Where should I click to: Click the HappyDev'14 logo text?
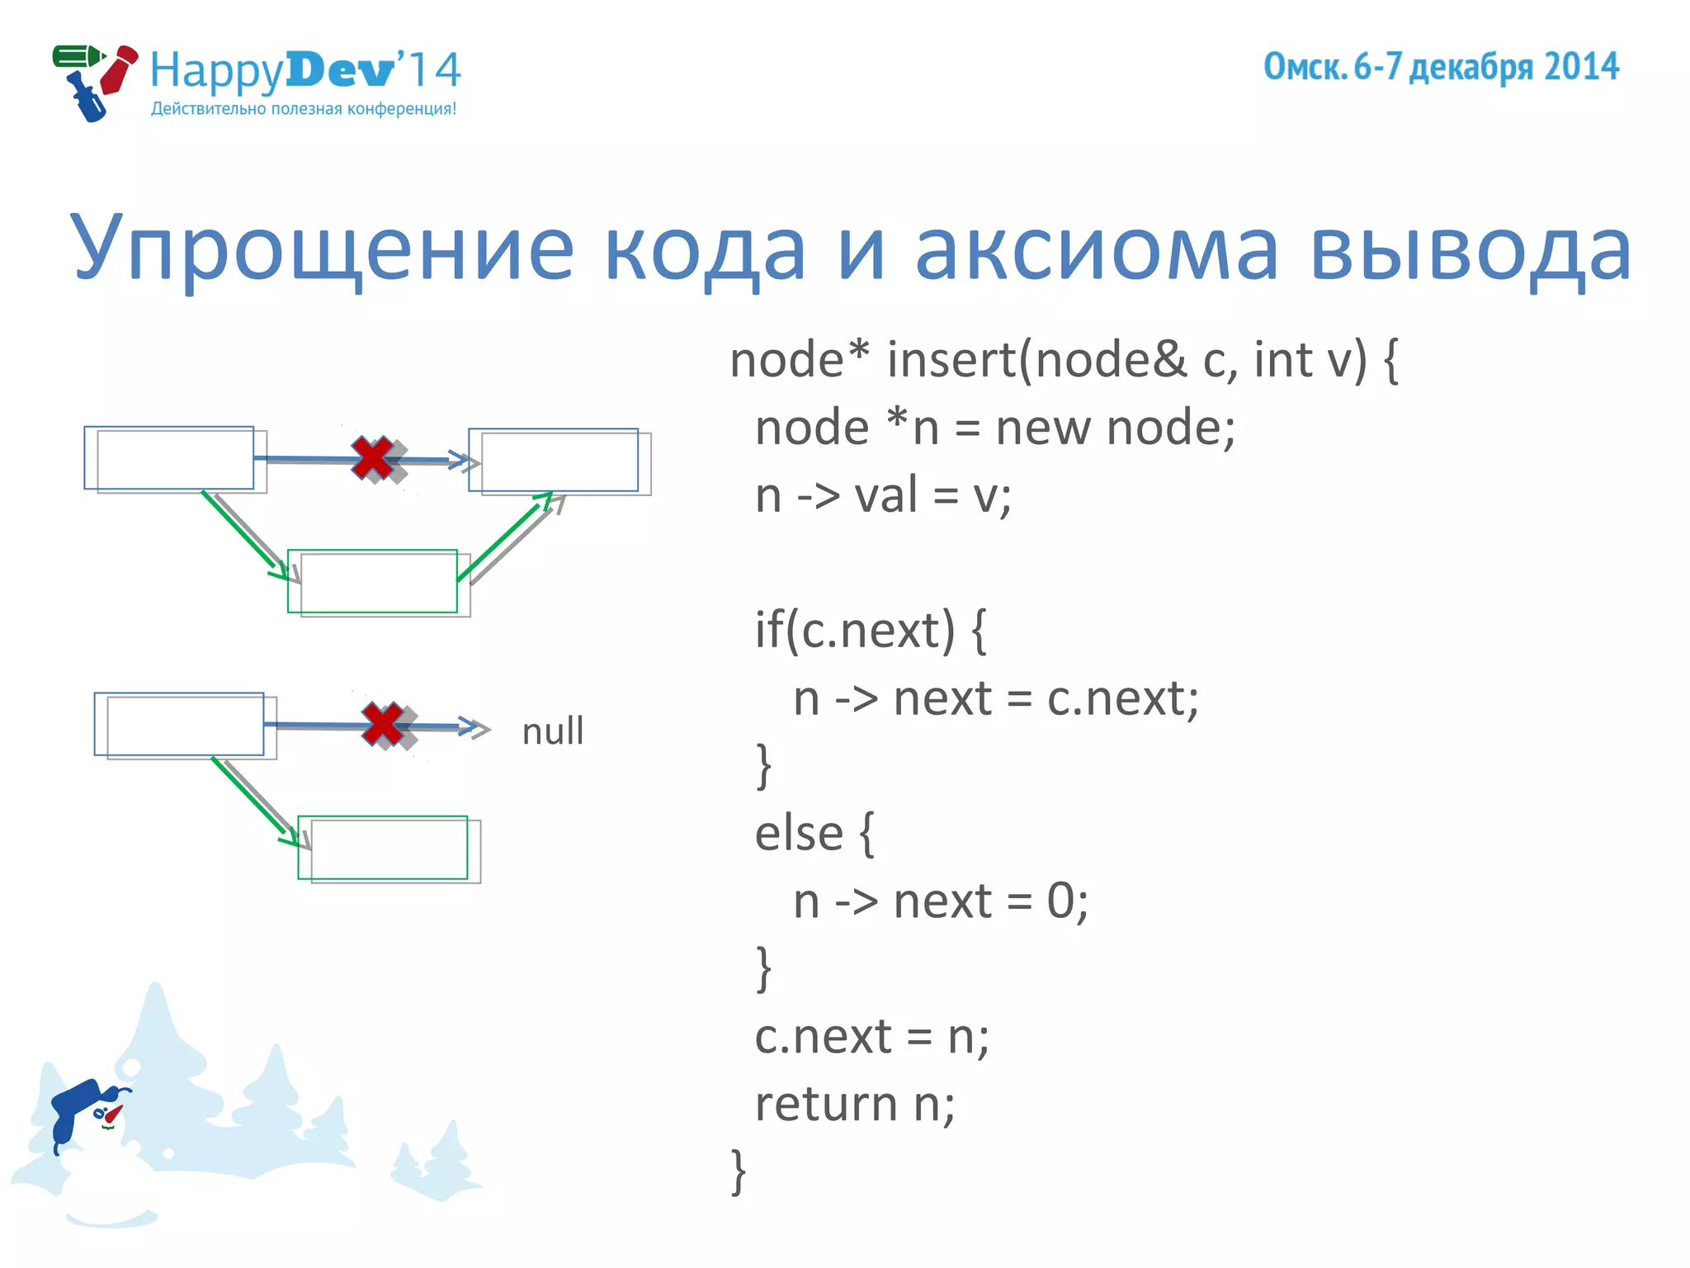click(x=305, y=69)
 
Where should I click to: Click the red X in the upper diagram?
click(x=373, y=458)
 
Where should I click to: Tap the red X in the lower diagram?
click(x=383, y=725)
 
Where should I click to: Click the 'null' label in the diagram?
click(x=552, y=731)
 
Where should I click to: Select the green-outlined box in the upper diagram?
click(x=372, y=581)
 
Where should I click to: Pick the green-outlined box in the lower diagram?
click(x=383, y=848)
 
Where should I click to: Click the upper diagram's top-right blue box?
click(x=553, y=460)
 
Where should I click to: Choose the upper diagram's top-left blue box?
click(x=169, y=457)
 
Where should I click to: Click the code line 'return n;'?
click(x=855, y=1105)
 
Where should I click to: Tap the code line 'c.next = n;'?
click(x=871, y=1037)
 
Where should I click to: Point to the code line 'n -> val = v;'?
click(x=883, y=496)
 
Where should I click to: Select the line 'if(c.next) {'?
click(x=871, y=631)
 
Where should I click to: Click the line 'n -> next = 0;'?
click(x=941, y=901)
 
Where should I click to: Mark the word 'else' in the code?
click(x=799, y=833)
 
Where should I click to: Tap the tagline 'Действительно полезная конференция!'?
click(x=304, y=109)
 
